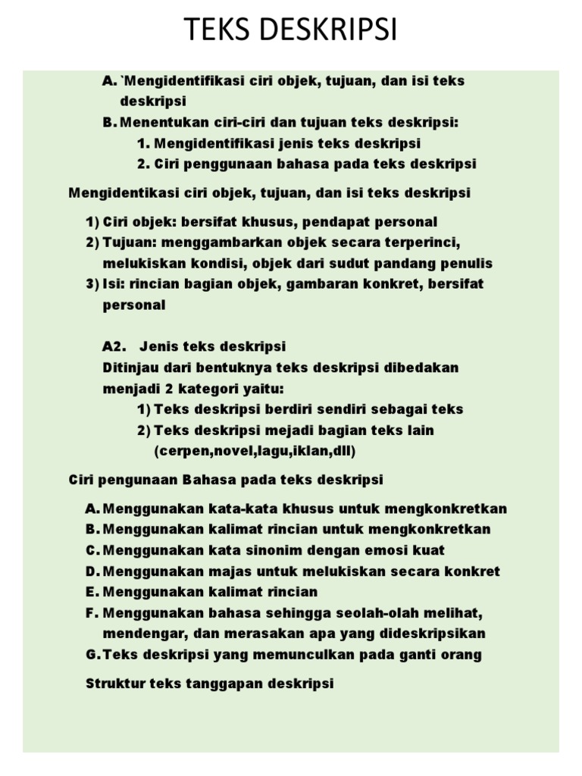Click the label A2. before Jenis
(x=113, y=346)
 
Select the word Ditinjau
(x=130, y=368)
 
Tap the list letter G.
(x=92, y=655)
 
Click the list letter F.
(x=92, y=612)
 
